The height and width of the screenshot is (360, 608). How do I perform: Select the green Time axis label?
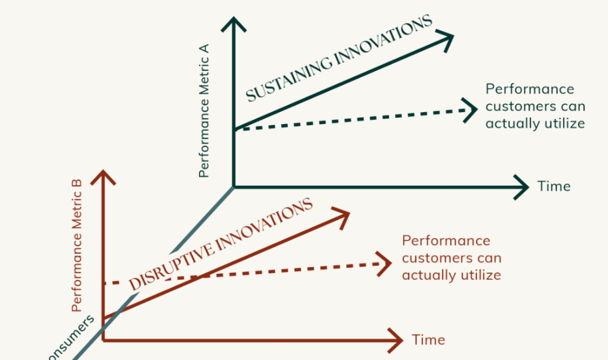coord(554,186)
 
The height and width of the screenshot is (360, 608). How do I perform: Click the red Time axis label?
coord(428,340)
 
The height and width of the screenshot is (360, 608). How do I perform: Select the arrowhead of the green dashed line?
coord(470,109)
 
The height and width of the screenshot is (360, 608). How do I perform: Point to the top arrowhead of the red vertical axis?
coord(103,176)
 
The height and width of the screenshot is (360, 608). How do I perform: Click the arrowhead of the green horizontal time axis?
coord(522,187)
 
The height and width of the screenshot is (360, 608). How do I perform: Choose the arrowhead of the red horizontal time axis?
coord(396,340)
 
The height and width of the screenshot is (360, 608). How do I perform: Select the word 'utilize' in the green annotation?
coord(563,123)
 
